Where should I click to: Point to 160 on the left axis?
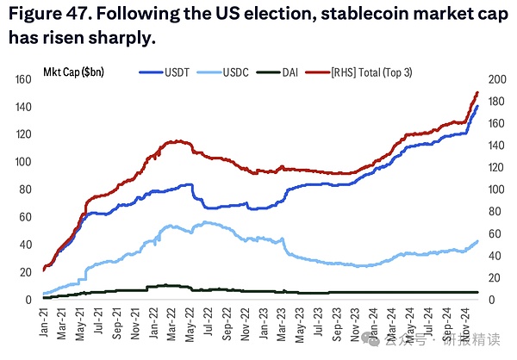(25, 79)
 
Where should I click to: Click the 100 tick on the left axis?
(25, 162)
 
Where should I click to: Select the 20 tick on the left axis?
(28, 272)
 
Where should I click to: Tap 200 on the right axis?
(497, 79)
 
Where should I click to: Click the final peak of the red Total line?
(477, 92)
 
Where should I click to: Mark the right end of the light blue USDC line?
(477, 241)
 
